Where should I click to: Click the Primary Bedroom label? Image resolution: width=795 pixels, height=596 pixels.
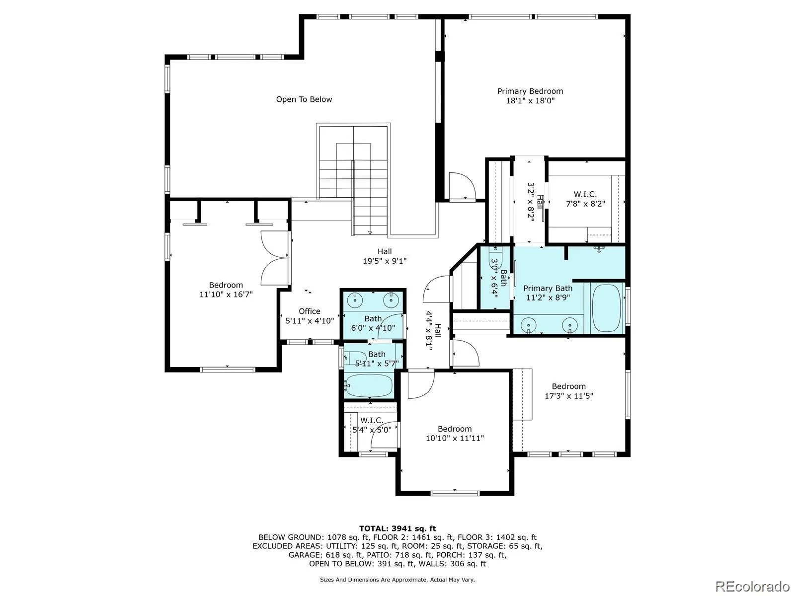(530, 91)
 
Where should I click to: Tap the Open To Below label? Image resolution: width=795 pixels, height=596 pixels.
(304, 99)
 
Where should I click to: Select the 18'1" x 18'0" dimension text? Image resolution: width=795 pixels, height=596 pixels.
(530, 101)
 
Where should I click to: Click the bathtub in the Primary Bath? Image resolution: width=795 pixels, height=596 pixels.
(606, 308)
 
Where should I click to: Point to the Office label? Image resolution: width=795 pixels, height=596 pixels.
(310, 311)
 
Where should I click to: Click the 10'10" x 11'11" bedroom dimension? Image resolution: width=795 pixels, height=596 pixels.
(455, 438)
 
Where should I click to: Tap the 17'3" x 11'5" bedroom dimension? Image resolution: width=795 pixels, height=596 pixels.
(568, 396)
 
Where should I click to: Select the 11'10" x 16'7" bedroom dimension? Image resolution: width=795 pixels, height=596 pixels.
(226, 295)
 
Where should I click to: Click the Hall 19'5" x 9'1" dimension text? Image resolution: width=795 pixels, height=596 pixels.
(385, 261)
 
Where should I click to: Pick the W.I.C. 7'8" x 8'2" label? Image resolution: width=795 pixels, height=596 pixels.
(585, 199)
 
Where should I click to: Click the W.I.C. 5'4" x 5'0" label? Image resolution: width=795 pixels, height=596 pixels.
(372, 425)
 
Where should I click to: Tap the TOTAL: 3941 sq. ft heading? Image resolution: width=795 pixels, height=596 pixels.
(397, 528)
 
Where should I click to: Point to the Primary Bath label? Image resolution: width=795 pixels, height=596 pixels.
(548, 289)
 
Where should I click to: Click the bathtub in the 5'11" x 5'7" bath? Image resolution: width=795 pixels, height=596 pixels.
(368, 386)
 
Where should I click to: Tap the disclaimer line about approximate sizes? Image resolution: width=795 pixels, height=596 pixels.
(397, 580)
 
